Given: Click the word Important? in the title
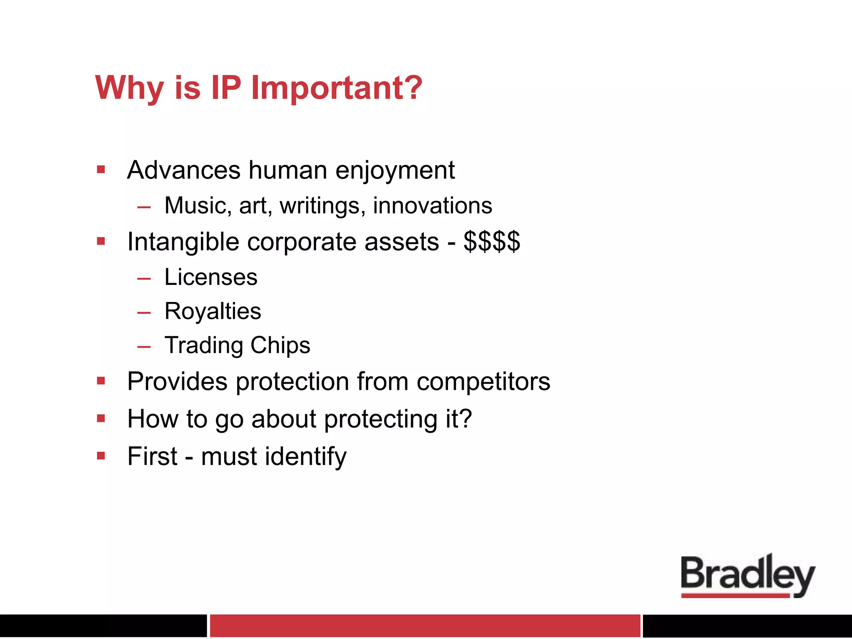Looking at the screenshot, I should click(x=337, y=88).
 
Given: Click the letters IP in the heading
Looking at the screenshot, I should click(x=226, y=88).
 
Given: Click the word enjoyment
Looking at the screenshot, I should click(x=395, y=171).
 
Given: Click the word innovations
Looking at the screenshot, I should click(x=432, y=206).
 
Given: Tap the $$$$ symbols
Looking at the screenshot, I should click(x=492, y=242).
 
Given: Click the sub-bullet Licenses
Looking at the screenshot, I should click(x=211, y=277).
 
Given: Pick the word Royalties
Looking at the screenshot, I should click(x=213, y=312).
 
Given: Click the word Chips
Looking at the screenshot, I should click(x=280, y=346).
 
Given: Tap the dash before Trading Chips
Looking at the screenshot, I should click(x=144, y=346).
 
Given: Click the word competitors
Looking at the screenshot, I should click(x=483, y=381).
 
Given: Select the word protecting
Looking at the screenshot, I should click(x=381, y=419).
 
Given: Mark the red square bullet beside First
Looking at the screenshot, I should click(x=101, y=456).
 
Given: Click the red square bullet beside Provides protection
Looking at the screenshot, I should click(x=101, y=381).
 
